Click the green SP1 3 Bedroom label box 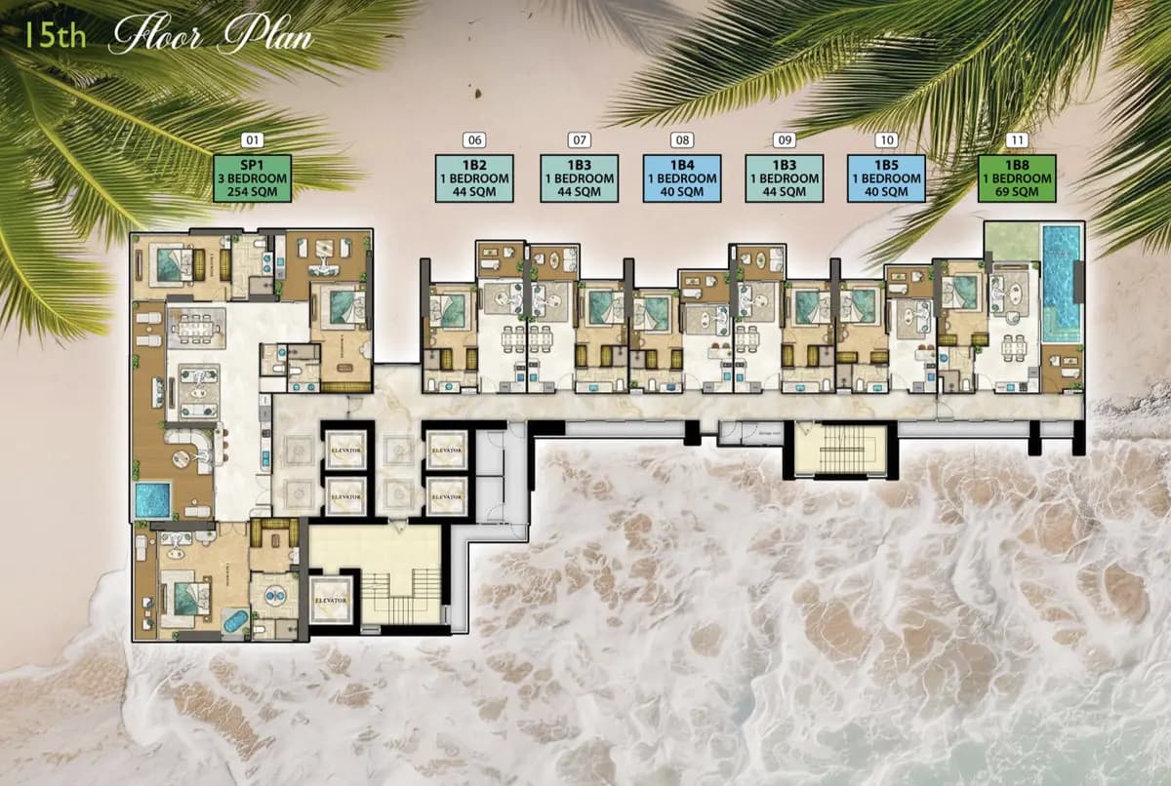click(253, 178)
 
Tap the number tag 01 click(253, 140)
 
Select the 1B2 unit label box click(476, 178)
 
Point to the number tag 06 click(476, 140)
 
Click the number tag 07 click(580, 140)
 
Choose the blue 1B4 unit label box click(682, 178)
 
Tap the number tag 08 click(682, 140)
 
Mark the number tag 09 click(785, 140)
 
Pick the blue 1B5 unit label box click(886, 178)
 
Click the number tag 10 click(886, 140)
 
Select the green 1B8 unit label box click(1018, 178)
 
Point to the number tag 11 click(1018, 140)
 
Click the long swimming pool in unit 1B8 click(1061, 283)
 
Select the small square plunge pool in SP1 click(152, 499)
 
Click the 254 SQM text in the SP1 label click(253, 192)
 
